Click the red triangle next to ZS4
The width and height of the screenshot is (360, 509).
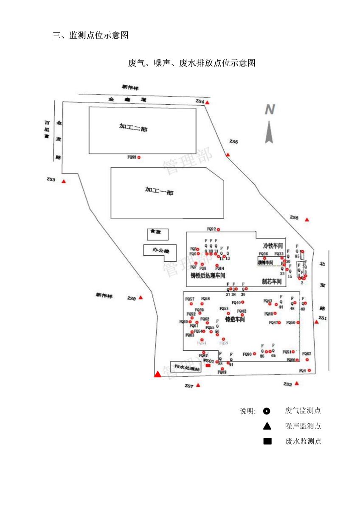207,103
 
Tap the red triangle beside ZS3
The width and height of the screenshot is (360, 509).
64,182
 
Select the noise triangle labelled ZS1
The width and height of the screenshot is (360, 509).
316,322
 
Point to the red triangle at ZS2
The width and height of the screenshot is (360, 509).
297,383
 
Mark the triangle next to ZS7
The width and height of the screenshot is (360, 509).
198,385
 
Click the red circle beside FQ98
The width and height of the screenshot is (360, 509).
139,157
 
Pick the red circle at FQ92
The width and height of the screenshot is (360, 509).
219,229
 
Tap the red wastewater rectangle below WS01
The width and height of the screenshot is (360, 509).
208,366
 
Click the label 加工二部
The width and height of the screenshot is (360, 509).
133,128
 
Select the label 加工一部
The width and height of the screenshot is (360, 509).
159,191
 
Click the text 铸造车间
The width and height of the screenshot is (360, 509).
235,319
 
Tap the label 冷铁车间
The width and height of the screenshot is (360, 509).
273,246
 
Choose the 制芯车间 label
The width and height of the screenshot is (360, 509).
272,281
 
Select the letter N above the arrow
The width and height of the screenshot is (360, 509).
270,110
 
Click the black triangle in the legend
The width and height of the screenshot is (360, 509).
267,426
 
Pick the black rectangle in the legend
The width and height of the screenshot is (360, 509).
267,442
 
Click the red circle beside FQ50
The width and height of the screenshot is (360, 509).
298,323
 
